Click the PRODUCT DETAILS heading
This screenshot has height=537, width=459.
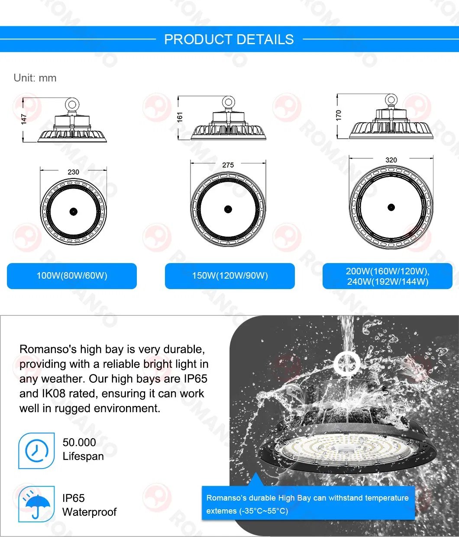tap(229, 39)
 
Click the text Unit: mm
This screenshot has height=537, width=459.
tap(35, 78)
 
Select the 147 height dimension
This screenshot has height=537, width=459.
tap(24, 119)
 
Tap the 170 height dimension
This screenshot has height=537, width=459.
tap(339, 115)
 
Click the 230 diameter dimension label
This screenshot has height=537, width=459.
tap(73, 172)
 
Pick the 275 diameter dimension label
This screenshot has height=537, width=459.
tap(228, 165)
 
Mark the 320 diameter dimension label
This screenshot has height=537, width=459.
tap(391, 160)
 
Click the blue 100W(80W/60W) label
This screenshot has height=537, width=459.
tap(72, 276)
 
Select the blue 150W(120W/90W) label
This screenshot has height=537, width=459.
tap(229, 276)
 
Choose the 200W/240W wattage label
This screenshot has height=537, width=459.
tap(388, 276)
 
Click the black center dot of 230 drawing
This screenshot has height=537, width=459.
tap(73, 212)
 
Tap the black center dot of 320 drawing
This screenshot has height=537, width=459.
tap(391, 207)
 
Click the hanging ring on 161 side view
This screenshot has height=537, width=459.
tap(228, 103)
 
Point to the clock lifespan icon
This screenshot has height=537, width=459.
tap(36, 451)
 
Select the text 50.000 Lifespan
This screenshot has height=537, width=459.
tap(83, 449)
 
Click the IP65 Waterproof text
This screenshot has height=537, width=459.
tap(89, 505)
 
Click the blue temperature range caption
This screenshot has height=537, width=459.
tap(307, 504)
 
